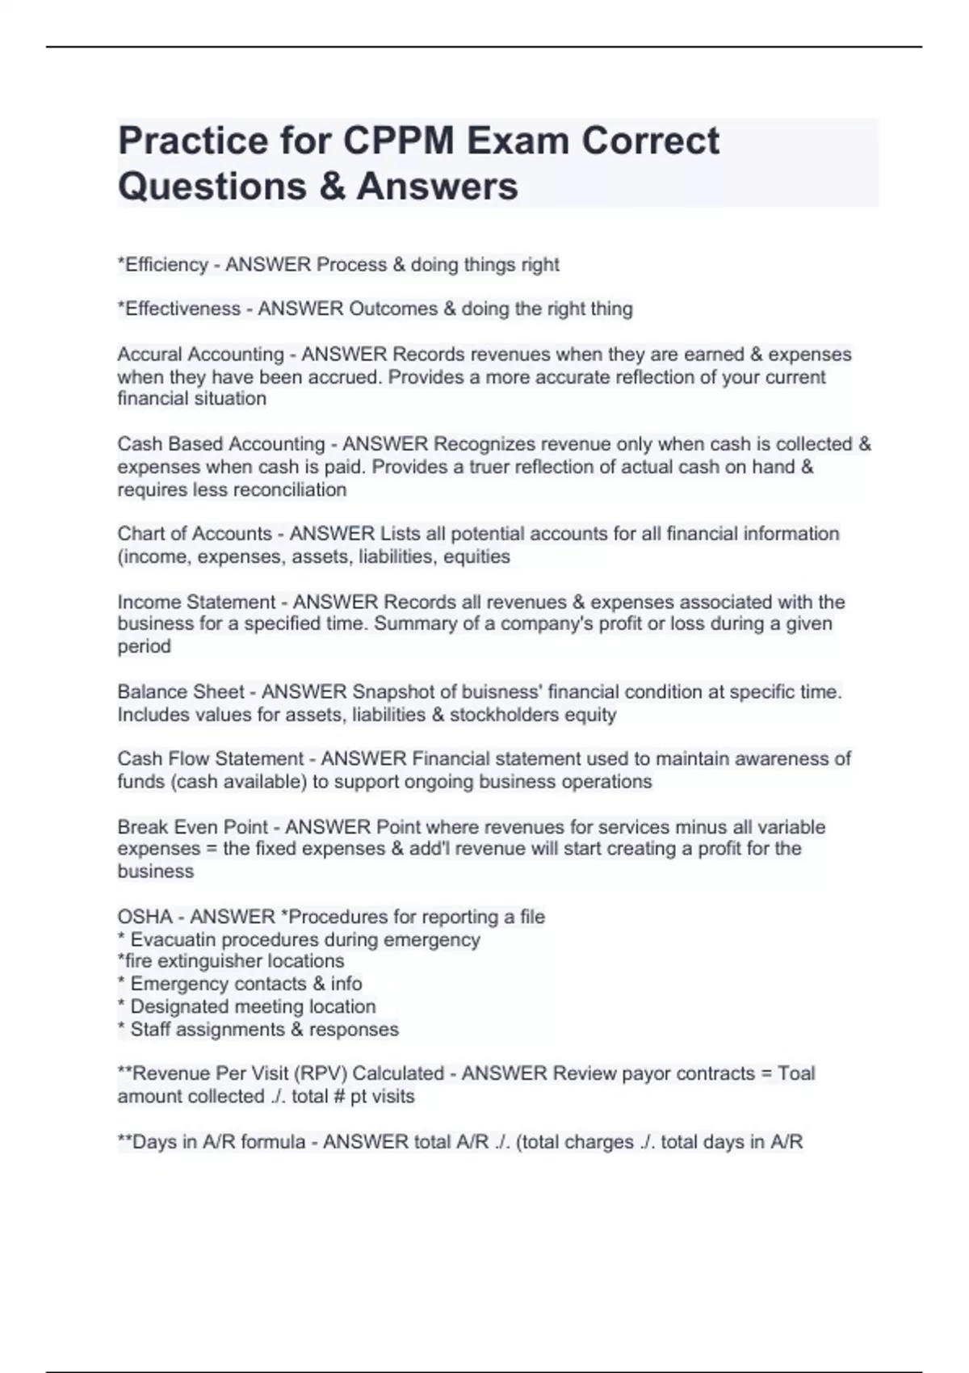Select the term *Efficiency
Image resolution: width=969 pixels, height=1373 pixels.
coord(162,265)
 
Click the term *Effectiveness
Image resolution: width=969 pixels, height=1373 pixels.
coord(178,309)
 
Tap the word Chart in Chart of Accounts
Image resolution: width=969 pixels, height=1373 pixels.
coord(140,534)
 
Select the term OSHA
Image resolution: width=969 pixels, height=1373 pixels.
coord(145,917)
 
